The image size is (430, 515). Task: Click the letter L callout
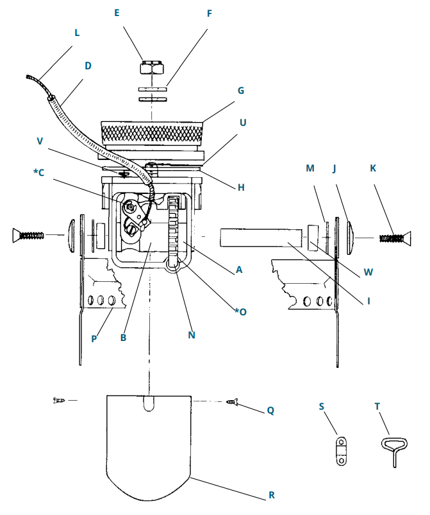click(77, 32)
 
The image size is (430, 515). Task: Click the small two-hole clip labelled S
click(342, 450)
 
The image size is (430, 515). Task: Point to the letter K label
click(374, 168)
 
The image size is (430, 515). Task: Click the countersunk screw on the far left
click(26, 236)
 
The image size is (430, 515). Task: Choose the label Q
click(270, 410)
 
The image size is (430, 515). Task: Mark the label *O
click(240, 311)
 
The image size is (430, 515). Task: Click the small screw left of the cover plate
click(59, 400)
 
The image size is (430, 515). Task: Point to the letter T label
click(377, 406)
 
